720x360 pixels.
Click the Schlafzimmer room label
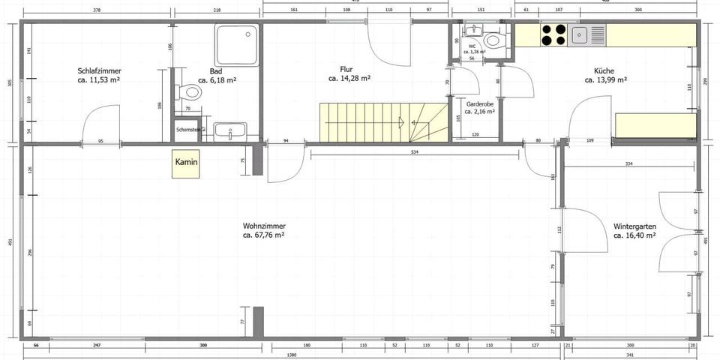point(100,71)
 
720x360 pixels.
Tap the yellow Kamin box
point(186,163)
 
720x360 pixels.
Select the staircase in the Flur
point(382,122)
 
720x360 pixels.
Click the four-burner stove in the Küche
point(553,35)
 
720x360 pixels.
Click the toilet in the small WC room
point(493,40)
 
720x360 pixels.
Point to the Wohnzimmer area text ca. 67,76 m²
point(263,235)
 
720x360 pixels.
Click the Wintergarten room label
point(634,226)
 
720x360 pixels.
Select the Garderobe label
point(478,104)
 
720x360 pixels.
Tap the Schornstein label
point(187,129)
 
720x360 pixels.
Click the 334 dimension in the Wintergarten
point(631,163)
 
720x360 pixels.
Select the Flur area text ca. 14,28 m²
point(349,78)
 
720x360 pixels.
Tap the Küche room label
point(604,70)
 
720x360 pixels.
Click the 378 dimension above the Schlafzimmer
point(96,11)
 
